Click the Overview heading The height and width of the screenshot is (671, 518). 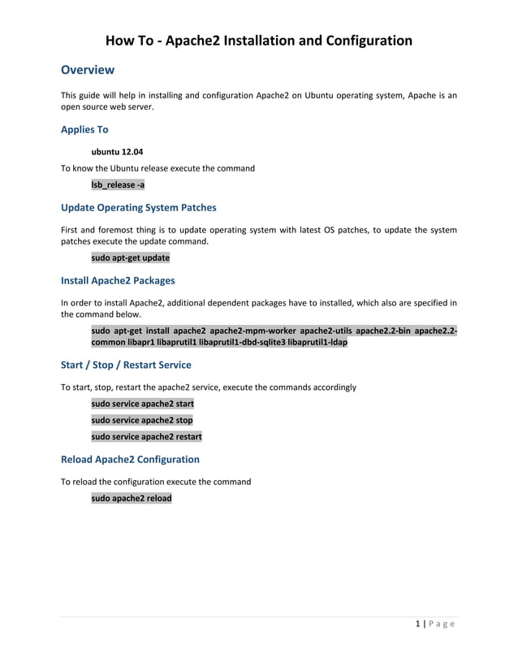(x=88, y=70)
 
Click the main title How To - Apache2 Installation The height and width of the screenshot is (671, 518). (x=259, y=41)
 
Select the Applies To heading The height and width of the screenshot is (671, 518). (x=84, y=129)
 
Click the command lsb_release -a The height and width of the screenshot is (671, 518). (x=118, y=184)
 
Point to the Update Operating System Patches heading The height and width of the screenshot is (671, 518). (x=139, y=207)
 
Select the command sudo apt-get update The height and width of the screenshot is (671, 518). (x=130, y=258)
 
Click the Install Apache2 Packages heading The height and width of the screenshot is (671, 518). (x=118, y=281)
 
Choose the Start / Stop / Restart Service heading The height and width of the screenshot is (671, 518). (x=126, y=365)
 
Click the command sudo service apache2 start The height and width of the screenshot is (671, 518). (x=142, y=404)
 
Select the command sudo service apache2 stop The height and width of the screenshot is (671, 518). (x=142, y=420)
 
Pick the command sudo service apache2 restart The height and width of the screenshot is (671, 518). (x=146, y=436)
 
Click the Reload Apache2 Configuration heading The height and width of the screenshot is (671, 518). (x=130, y=459)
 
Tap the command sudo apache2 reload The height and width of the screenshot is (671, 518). (x=132, y=498)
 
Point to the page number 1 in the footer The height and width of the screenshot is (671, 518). (x=417, y=624)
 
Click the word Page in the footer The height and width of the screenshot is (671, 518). (x=442, y=624)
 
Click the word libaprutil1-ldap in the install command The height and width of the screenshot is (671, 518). (x=317, y=343)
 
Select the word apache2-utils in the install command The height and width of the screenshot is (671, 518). (x=328, y=331)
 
